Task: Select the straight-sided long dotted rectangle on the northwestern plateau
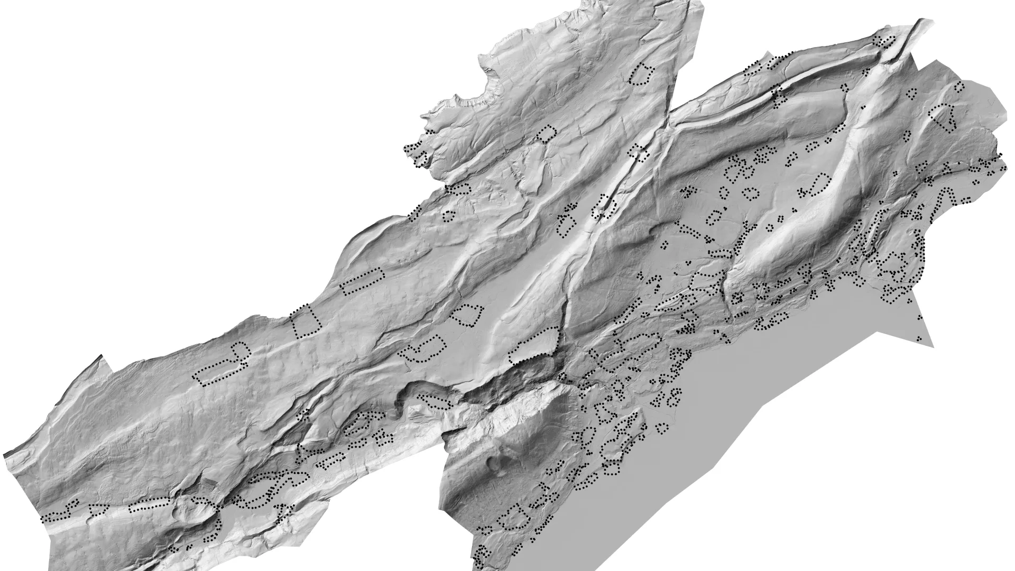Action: tap(363, 281)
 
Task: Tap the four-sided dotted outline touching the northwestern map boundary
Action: tap(306, 321)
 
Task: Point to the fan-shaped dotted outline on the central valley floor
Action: tap(467, 315)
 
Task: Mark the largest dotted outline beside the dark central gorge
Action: tap(534, 345)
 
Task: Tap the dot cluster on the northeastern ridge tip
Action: tap(885, 40)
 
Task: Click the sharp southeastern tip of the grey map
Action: tap(933, 347)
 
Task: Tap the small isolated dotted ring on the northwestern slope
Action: tap(448, 215)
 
